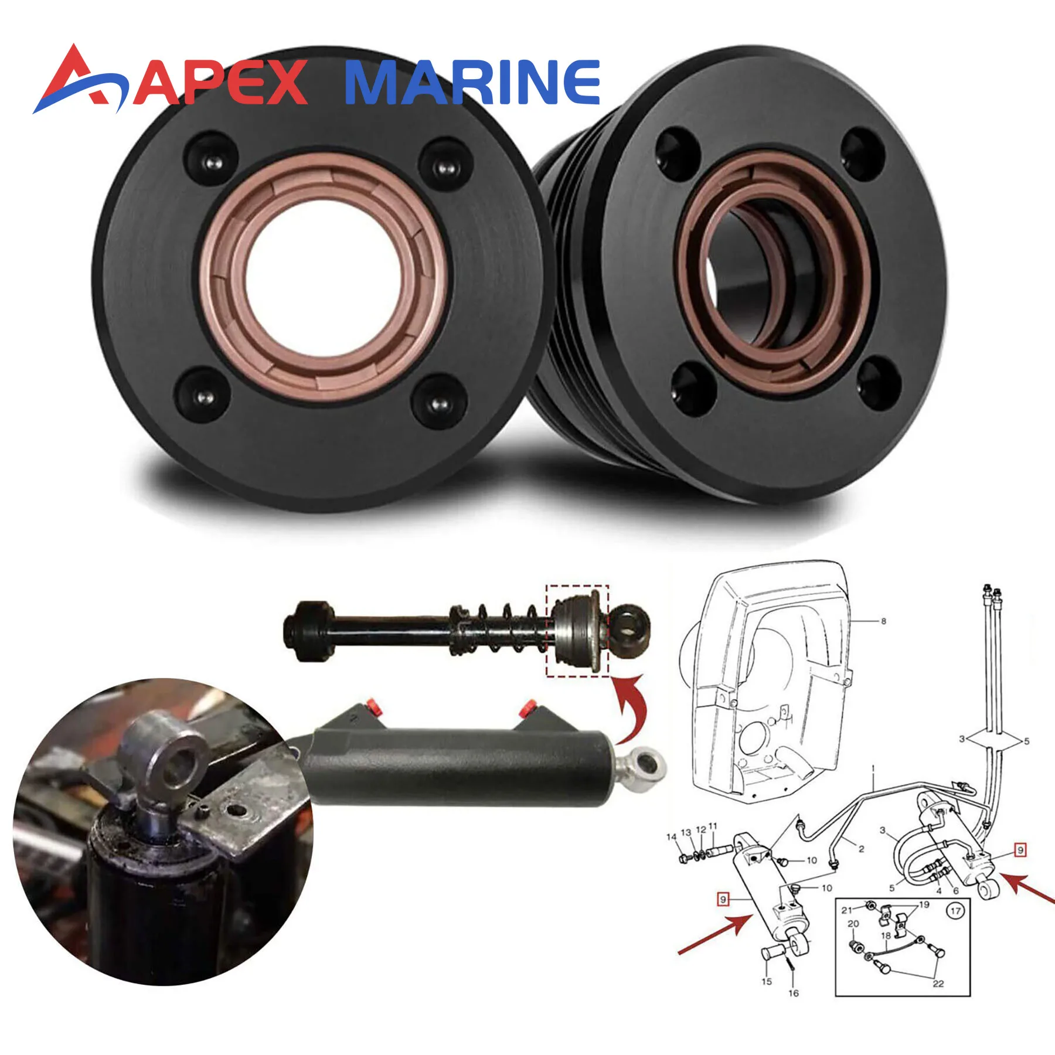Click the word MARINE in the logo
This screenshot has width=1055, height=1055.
coord(472,82)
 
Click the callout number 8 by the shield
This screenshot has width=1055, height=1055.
coord(883,621)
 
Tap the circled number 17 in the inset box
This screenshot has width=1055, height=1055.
coord(955,911)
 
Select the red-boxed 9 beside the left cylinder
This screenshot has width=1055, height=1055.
coord(723,899)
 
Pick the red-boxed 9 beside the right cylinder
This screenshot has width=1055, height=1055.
coord(1020,850)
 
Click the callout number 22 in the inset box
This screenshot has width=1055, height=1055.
coord(938,983)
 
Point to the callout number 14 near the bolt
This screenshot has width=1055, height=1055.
coord(672,837)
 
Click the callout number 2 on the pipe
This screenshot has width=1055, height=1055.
coord(861,848)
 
